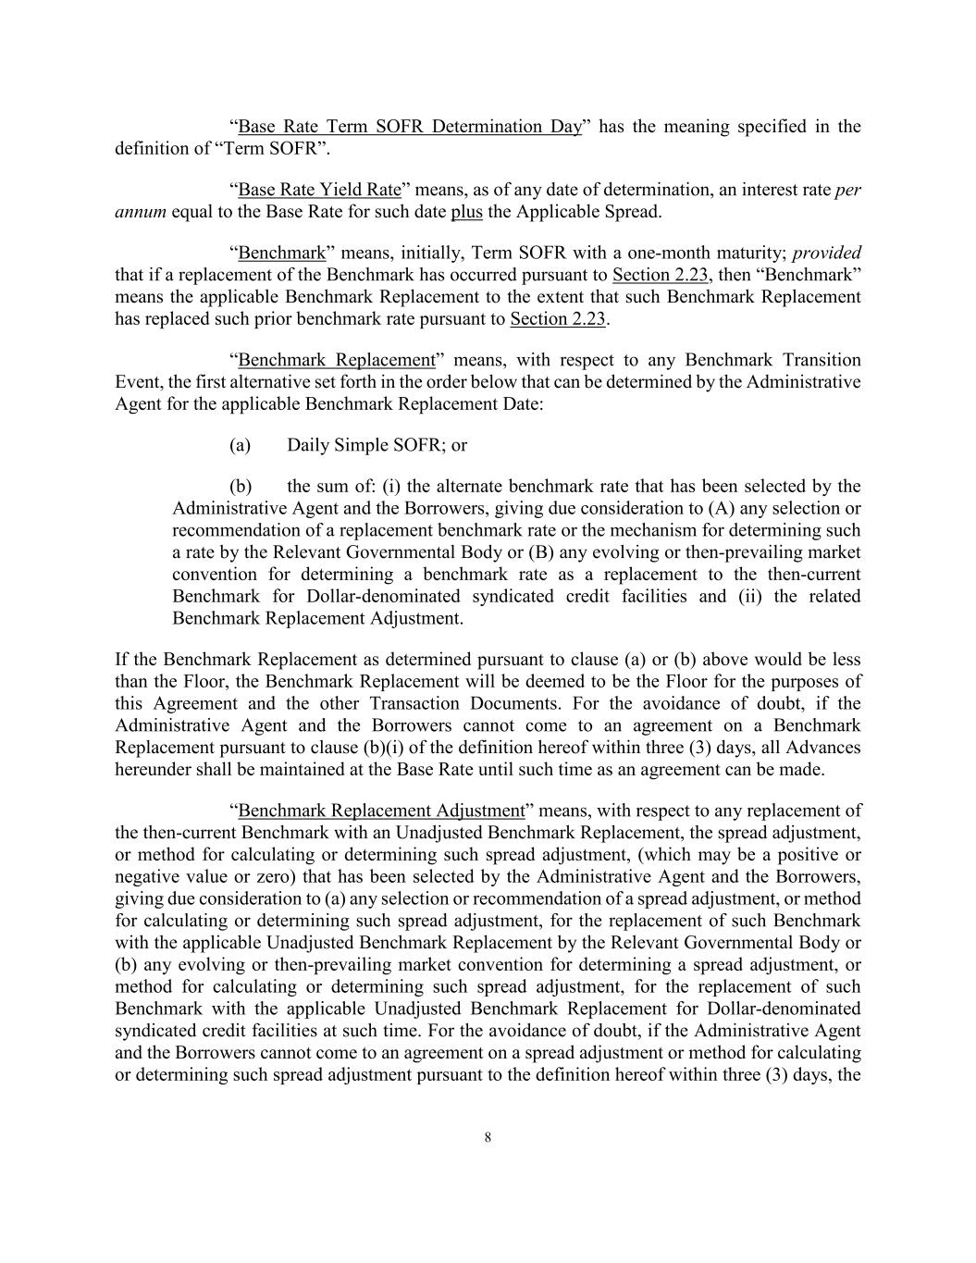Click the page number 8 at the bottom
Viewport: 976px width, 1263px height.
click(x=488, y=1138)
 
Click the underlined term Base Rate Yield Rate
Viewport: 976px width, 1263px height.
click(x=319, y=190)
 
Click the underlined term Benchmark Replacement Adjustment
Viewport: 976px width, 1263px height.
click(x=381, y=811)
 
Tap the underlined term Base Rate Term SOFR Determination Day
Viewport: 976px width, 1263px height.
click(x=410, y=127)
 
